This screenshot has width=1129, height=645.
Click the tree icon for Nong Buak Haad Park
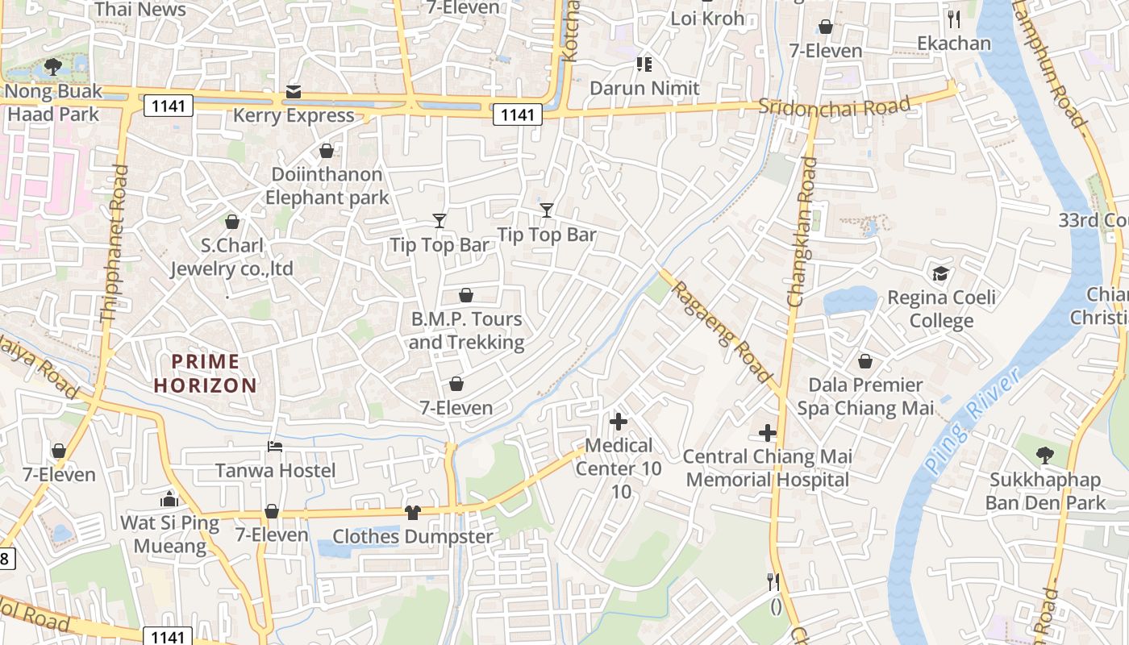[53, 67]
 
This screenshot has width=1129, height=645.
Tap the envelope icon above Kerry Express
[294, 93]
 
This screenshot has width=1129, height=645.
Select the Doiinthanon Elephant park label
[327, 186]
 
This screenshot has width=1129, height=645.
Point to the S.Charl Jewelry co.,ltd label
[231, 256]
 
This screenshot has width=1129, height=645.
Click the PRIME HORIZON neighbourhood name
[206, 373]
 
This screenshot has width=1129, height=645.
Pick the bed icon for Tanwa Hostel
[275, 447]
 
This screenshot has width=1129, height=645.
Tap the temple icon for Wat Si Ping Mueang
[169, 499]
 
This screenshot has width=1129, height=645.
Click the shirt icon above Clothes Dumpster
[412, 512]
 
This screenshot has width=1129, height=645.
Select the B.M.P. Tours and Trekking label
[466, 331]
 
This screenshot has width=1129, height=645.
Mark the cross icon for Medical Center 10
[619, 422]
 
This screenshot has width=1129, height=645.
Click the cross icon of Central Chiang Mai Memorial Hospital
[768, 433]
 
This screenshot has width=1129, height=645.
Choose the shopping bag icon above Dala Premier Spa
[865, 361]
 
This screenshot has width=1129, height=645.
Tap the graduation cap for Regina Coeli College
[940, 274]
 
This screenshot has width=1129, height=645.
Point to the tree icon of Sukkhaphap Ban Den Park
[1045, 456]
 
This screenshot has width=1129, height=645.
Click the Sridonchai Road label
[835, 106]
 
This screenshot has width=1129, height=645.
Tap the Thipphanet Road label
[115, 245]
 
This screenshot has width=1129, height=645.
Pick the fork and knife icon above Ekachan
[954, 19]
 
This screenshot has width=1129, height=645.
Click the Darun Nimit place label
[644, 88]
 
